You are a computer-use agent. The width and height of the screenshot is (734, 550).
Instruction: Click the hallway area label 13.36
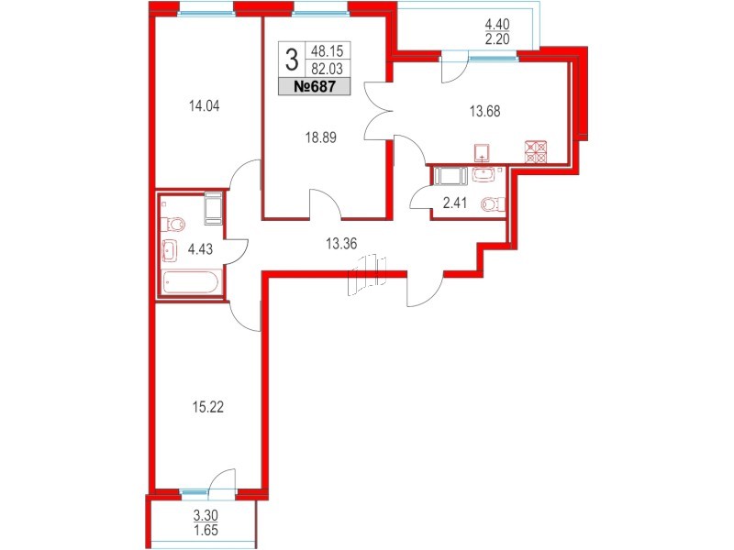[340, 243]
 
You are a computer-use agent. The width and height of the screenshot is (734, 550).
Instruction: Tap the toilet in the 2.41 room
[492, 204]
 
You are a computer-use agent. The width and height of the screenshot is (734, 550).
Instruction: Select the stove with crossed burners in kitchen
[535, 151]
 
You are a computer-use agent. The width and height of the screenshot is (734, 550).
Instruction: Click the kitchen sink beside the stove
[483, 152]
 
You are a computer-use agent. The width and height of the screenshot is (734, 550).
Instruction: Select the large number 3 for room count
[292, 61]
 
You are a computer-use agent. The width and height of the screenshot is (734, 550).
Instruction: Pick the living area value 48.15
[324, 51]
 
